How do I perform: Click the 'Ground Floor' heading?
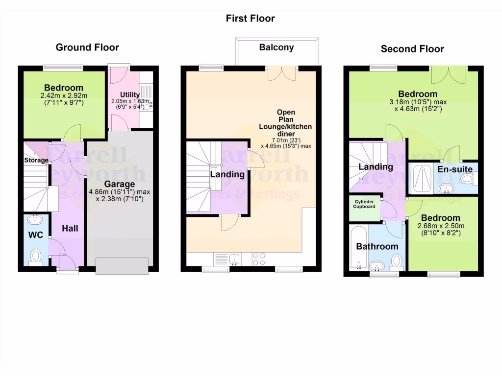[x=87, y=47]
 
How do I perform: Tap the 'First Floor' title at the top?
[x=250, y=19]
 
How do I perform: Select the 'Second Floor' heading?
[x=412, y=49]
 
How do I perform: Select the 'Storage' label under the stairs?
[x=36, y=160]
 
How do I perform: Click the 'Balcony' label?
[x=276, y=47]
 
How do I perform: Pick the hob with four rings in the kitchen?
[x=259, y=258]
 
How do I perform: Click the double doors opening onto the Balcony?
[x=282, y=73]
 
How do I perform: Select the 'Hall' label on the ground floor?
[x=70, y=228]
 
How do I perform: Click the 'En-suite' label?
[x=455, y=169]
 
